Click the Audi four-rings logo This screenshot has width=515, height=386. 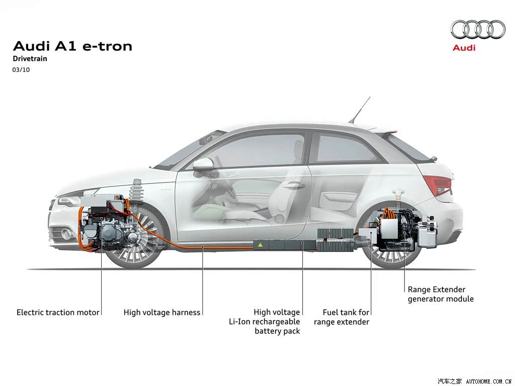pos(478,29)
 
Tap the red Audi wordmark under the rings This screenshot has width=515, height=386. pos(464,48)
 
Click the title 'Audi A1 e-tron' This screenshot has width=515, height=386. pos(72,46)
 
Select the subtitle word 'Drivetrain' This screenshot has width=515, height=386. pos(30,59)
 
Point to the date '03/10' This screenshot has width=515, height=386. pos(21,69)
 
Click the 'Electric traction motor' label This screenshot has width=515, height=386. pos(58,312)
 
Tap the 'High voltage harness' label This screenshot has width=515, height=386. pos(162,312)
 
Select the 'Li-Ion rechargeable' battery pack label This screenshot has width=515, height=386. pos(265,321)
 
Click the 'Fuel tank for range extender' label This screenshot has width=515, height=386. pos(341,317)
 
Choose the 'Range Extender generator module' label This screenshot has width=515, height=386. pos(441,294)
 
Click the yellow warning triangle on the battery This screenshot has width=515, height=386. pos(260,245)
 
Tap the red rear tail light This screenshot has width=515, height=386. pos(438,185)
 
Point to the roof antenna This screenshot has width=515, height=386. pos(360,110)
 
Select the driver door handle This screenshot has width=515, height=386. pos(294,185)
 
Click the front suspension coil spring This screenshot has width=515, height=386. pos(136,190)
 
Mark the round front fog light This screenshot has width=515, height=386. pos(67,234)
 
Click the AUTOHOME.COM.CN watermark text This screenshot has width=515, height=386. pos(489,381)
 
